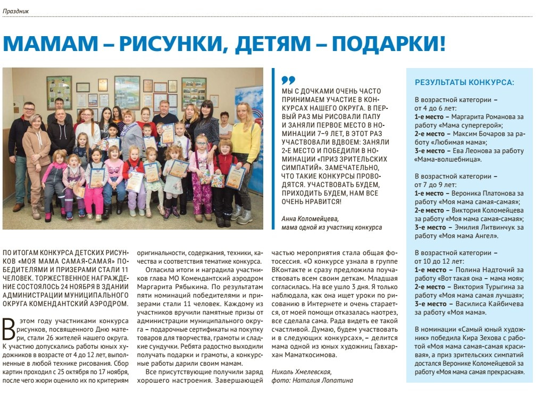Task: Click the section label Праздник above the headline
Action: (x=15, y=11)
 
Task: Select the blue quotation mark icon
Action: (x=288, y=80)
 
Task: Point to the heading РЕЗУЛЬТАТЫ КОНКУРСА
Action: (x=464, y=82)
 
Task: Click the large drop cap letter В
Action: (x=8, y=329)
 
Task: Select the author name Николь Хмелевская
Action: (x=301, y=372)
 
